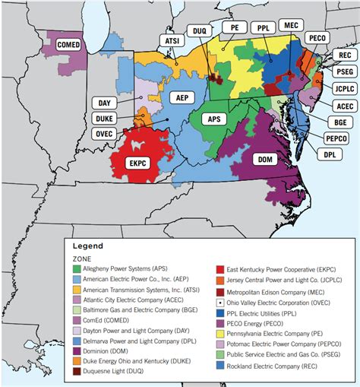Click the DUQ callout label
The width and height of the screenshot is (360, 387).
(201, 30)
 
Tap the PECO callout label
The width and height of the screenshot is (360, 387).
(315, 37)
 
